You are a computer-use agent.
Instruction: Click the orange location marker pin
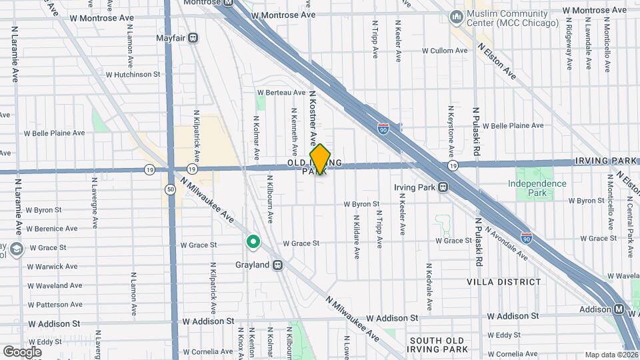[x=320, y=159]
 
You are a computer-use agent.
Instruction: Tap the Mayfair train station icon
[x=193, y=38]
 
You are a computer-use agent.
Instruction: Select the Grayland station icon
[x=278, y=265]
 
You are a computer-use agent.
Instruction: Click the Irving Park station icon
[x=443, y=187]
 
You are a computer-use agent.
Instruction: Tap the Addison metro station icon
[x=619, y=309]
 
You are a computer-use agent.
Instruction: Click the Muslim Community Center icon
[x=457, y=16]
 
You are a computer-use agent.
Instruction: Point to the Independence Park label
[x=537, y=188]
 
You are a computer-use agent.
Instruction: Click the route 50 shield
[x=171, y=190]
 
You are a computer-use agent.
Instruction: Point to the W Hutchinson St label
[x=133, y=75]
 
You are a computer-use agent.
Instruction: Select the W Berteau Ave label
[x=281, y=93]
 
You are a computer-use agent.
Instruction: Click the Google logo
[x=22, y=351]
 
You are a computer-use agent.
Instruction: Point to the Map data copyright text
[x=611, y=355]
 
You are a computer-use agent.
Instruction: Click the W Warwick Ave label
[x=52, y=267]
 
